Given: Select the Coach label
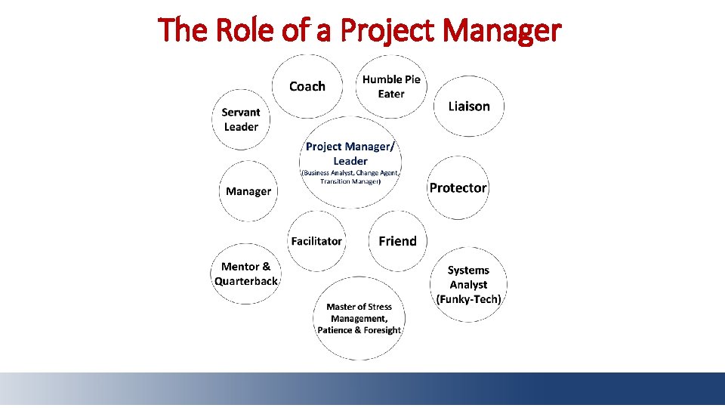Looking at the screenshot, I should tap(307, 87).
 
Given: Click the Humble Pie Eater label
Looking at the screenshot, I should tap(391, 86).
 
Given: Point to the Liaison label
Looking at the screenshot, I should tap(469, 107).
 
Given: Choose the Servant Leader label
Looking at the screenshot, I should tap(241, 119).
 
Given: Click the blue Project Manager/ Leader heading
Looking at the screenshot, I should tap(350, 153).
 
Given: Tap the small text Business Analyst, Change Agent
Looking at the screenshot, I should tap(350, 173).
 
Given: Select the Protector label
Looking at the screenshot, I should tap(458, 188).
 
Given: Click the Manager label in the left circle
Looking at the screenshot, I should tap(248, 191).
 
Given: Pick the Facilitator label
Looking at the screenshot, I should tap(316, 241).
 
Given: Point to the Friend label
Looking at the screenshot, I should tap(397, 241).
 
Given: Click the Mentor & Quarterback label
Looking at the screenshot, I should tap(246, 274).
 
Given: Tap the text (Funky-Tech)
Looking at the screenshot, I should tap(468, 299).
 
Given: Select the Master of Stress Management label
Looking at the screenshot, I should tap(359, 313).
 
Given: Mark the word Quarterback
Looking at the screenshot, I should tap(246, 281).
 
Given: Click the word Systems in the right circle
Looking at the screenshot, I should tap(468, 270).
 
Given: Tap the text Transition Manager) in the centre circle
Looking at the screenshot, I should tap(350, 181).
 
